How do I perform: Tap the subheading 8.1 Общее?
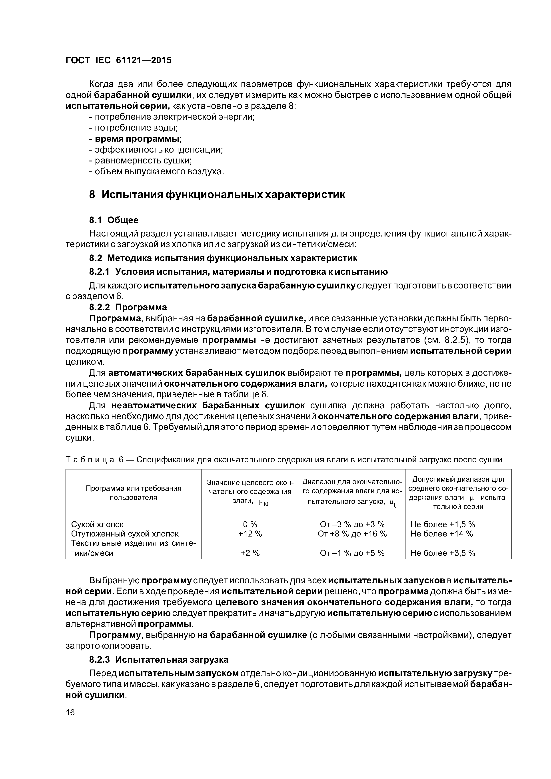(114, 220)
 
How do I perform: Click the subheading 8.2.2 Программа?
(128, 307)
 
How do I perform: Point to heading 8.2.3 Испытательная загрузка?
(159, 660)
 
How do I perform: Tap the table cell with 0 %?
(250, 524)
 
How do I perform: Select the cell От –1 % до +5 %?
(352, 553)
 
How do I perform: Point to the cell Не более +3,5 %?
(443, 553)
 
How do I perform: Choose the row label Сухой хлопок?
(97, 524)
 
